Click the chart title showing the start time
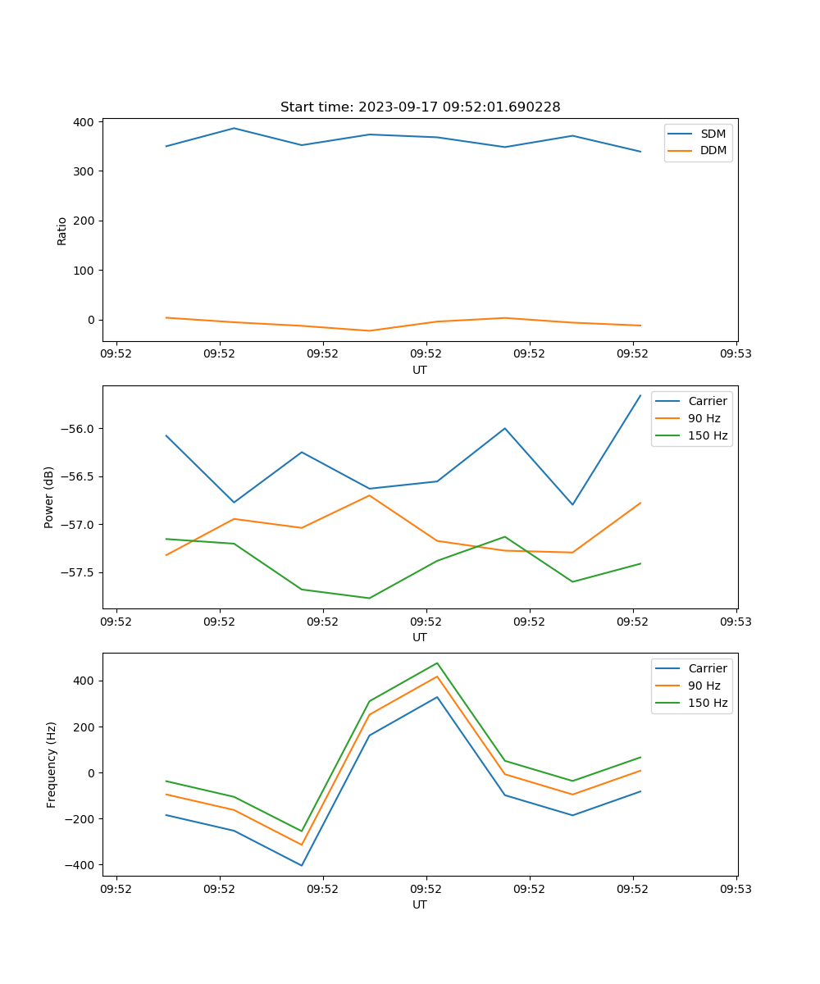(420, 107)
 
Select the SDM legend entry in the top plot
(713, 134)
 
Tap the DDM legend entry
(713, 151)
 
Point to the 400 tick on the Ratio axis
(84, 121)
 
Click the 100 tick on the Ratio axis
(84, 271)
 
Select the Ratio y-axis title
(62, 230)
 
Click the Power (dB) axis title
(49, 497)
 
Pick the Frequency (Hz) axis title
(51, 764)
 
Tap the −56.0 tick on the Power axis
(79, 429)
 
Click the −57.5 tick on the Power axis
(79, 572)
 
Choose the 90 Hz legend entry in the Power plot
(704, 418)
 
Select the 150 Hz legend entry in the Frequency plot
(708, 703)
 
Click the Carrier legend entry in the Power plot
(707, 401)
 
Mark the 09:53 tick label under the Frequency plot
(736, 888)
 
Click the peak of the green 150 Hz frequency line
(437, 663)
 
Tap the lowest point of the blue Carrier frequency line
(302, 865)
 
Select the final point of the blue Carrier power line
(640, 395)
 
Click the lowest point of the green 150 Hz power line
(369, 598)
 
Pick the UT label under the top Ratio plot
(420, 370)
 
